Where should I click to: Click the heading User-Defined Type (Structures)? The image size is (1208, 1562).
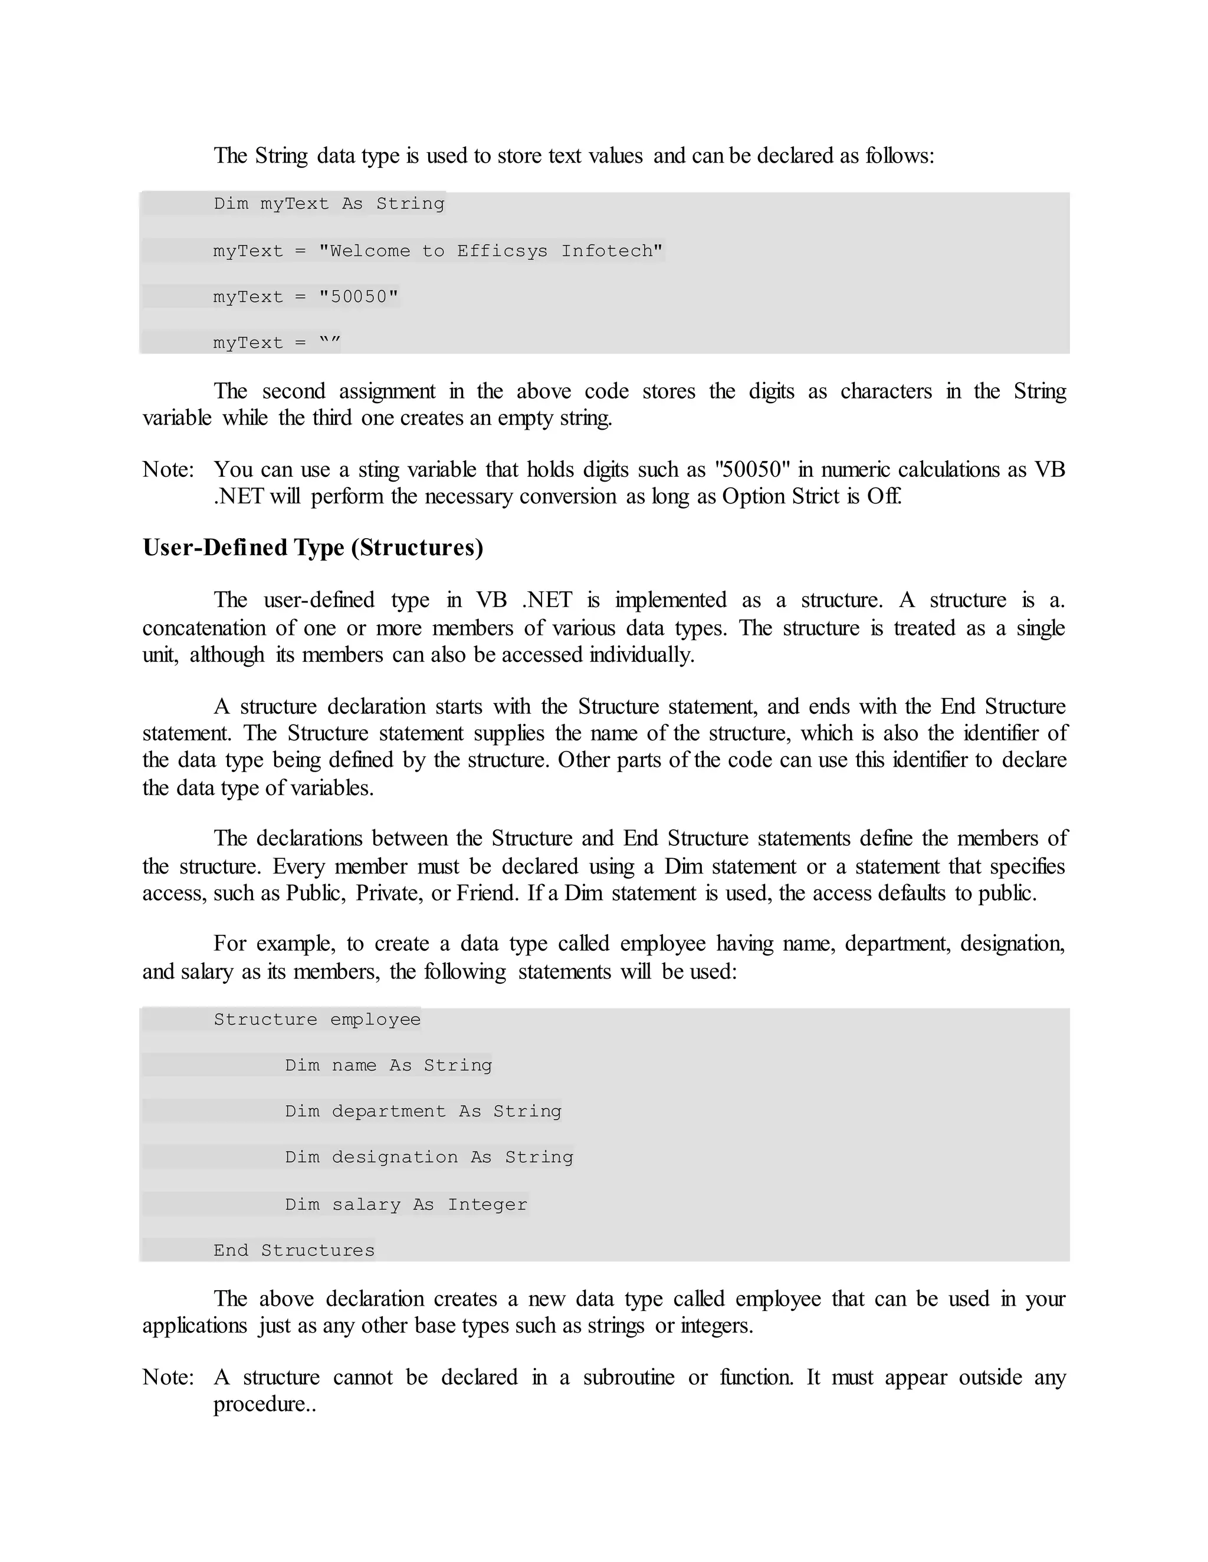313,548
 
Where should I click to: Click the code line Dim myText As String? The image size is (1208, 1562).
329,204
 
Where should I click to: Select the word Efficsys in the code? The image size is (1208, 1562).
503,251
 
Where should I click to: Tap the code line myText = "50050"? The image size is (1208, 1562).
306,297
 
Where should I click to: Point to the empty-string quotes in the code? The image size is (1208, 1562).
329,342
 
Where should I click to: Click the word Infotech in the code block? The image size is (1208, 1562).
612,251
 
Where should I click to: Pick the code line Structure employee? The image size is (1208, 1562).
317,1019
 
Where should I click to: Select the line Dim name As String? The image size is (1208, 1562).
388,1066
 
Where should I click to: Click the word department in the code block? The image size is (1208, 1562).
388,1112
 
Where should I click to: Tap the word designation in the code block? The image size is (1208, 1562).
395,1157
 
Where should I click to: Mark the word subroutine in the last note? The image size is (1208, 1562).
628,1378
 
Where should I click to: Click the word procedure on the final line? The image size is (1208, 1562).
259,1405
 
